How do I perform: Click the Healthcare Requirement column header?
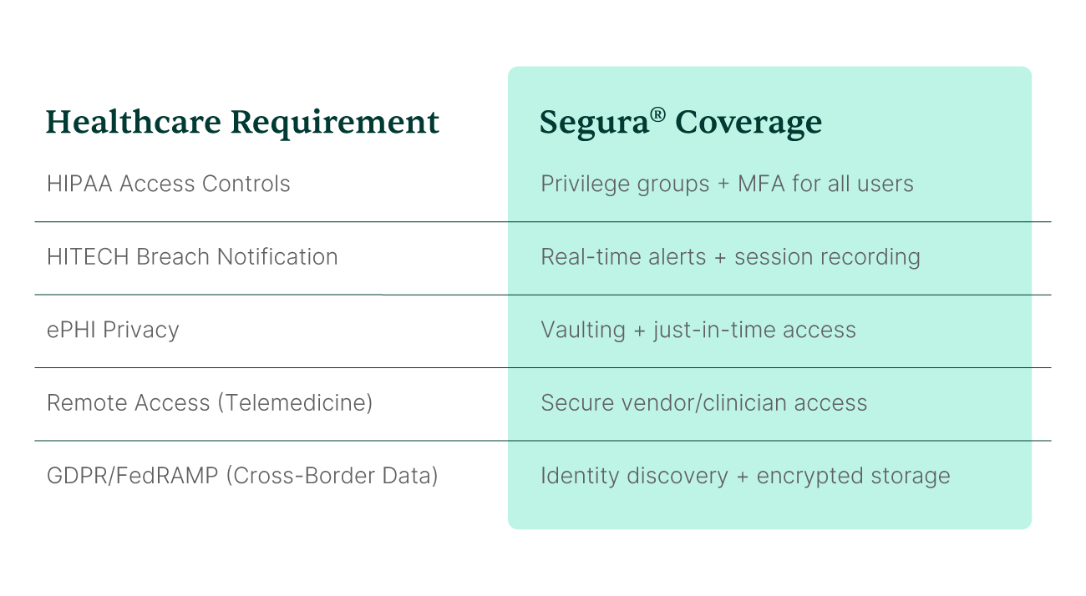242,123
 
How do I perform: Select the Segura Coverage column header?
680,123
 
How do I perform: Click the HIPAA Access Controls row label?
169,184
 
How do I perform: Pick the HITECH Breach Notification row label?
192,256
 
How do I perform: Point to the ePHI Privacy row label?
113,330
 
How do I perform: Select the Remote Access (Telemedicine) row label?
210,403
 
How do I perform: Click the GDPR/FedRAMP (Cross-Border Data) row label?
242,476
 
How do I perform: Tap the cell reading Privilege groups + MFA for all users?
727,184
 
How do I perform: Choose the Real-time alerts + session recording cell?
730,256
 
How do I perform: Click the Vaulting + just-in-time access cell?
698,330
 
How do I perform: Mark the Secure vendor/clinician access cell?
703,403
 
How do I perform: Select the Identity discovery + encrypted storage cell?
745,476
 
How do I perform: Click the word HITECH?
88,256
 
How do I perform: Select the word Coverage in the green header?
749,123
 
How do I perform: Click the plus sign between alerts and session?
720,257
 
